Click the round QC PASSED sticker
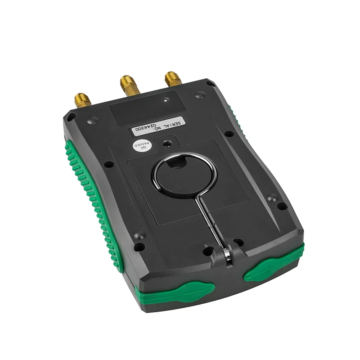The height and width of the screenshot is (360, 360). click(143, 147)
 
